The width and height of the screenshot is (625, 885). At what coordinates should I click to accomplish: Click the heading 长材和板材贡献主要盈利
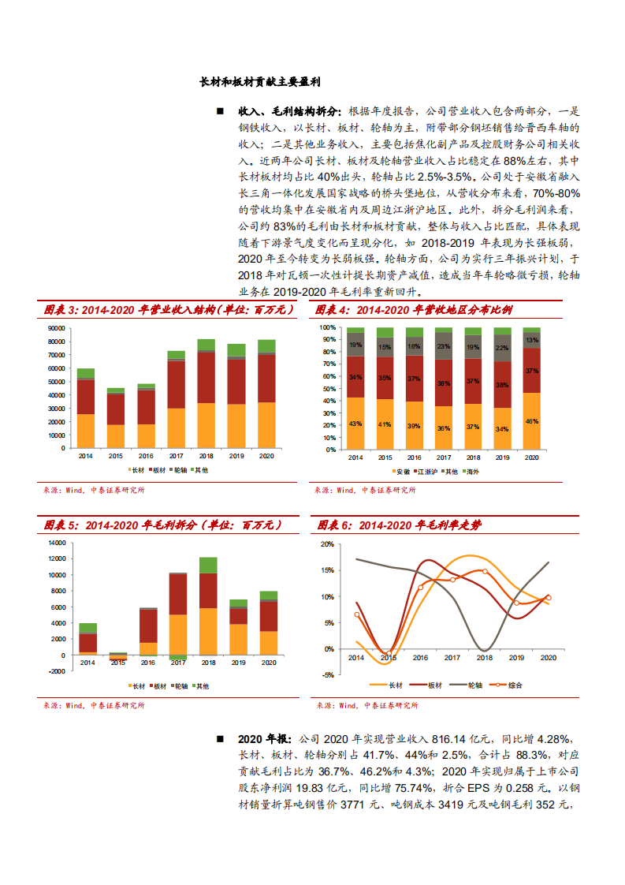260,82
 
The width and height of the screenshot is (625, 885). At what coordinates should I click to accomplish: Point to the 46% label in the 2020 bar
532,421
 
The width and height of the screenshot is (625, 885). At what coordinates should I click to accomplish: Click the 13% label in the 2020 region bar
532,340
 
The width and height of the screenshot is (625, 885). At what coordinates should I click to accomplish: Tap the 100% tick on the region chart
329,327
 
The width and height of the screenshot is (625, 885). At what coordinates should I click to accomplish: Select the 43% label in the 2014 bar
355,424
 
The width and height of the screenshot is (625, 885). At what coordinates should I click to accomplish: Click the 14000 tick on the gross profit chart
56,543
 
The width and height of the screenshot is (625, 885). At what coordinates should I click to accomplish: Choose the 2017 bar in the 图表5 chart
178,607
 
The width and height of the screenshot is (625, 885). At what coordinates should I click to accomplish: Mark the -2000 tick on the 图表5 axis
56,671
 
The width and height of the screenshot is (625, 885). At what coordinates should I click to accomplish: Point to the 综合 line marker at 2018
485,572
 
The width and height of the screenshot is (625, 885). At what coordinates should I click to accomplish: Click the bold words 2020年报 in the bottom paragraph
264,740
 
